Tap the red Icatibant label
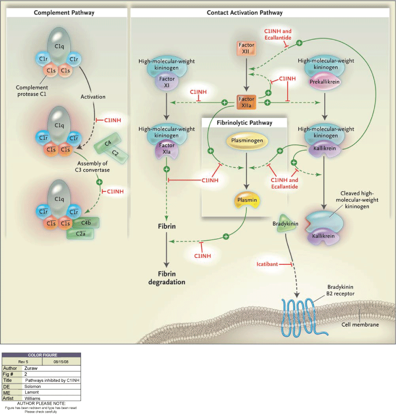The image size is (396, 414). coord(267,264)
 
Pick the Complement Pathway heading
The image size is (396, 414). coord(64,13)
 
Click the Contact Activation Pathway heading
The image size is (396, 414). coord(245,13)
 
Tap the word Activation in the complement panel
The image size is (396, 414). coord(93,97)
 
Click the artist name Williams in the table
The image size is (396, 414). coord(32,399)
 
